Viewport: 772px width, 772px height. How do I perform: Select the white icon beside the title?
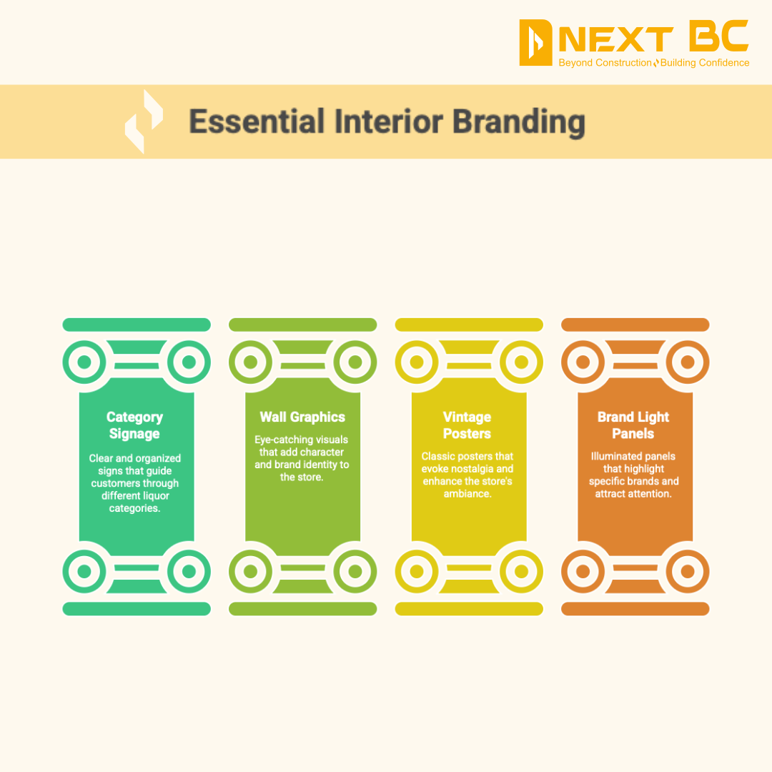click(x=144, y=121)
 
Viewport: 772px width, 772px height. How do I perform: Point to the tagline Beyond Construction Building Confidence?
click(x=653, y=63)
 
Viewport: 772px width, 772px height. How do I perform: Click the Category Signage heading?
click(x=134, y=425)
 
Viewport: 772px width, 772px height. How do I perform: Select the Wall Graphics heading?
click(x=302, y=417)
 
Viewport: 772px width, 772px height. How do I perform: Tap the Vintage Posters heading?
click(x=467, y=425)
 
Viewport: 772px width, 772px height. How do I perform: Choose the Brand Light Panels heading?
click(x=633, y=425)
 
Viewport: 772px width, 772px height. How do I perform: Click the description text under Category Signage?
click(x=134, y=483)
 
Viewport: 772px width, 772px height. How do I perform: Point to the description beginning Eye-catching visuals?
click(x=302, y=457)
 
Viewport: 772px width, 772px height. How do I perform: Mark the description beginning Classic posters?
click(x=467, y=475)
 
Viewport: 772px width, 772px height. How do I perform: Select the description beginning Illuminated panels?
click(x=633, y=475)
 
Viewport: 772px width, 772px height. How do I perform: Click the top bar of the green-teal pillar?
click(x=137, y=325)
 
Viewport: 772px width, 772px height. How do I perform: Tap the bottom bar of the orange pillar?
click(x=635, y=609)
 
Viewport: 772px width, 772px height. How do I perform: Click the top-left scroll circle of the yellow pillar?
click(x=416, y=362)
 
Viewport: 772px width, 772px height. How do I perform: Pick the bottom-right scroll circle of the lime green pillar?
click(x=355, y=571)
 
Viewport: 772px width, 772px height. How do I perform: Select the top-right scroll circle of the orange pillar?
click(x=688, y=362)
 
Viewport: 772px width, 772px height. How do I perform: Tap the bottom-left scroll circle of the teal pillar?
click(x=84, y=571)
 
